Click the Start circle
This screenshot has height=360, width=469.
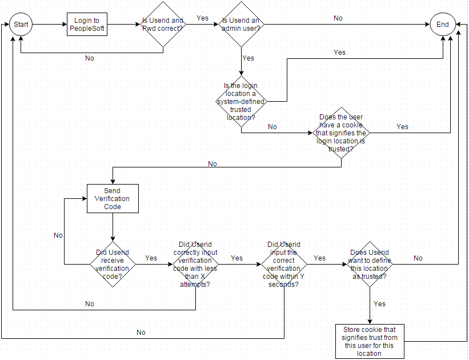pos(21,25)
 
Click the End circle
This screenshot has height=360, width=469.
pos(443,25)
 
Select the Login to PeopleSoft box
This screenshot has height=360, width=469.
pos(87,25)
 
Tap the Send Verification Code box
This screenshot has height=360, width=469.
pos(113,198)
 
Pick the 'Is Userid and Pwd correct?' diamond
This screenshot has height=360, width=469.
pos(163,25)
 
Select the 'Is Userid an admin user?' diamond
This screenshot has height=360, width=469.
pos(242,25)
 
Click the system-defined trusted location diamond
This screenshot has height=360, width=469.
pos(242,101)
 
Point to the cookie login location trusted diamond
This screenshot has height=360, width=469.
pos(341,133)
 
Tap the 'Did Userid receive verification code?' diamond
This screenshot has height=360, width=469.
pos(113,264)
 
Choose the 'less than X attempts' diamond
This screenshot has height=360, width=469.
pos(195,264)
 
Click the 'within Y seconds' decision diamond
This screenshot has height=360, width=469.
pos(284,264)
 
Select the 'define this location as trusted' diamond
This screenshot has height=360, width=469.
pos(369,264)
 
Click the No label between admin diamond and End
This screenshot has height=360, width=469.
pos(338,18)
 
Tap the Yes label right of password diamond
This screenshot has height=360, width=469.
pos(202,18)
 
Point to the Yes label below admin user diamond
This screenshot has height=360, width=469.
pos(248,58)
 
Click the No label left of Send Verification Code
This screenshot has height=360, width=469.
pos(58,235)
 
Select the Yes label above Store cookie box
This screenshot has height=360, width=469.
pos(379,304)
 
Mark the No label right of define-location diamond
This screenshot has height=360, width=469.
pos(418,258)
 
